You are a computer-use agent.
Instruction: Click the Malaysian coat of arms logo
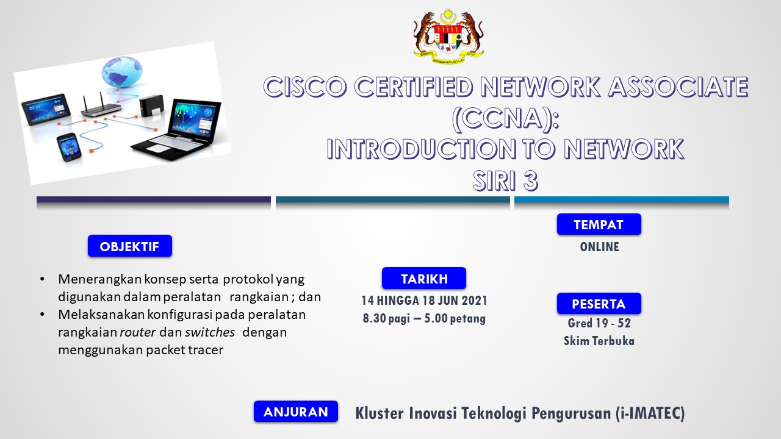pos(448,37)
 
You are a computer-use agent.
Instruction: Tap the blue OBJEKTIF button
pos(130,246)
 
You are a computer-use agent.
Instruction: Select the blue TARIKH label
pos(424,279)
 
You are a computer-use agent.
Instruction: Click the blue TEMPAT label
pos(599,224)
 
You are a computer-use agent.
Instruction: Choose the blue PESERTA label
pos(599,304)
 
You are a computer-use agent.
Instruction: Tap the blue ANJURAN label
pos(296,412)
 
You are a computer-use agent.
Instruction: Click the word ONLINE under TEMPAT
pos(600,247)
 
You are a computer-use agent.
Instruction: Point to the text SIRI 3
pos(505,181)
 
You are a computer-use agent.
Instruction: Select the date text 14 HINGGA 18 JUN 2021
pos(424,301)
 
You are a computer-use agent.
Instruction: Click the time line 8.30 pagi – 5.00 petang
pos(424,318)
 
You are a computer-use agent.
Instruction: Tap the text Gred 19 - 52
pos(599,323)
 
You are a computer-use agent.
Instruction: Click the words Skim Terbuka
pos(599,341)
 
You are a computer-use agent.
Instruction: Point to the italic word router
pos(138,332)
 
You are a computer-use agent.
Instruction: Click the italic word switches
pos(210,332)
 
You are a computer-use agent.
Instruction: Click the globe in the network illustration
pos(122,72)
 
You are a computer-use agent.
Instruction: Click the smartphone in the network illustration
pos(69,148)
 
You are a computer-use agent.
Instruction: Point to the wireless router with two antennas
pos(101,105)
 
